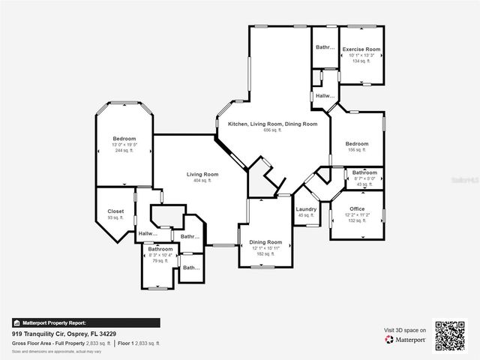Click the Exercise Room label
point(361,49)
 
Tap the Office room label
point(357,208)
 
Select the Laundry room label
point(306,209)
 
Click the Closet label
point(116,211)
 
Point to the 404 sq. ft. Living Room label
point(202,174)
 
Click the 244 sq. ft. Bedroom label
point(124,139)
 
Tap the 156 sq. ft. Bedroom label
point(357,143)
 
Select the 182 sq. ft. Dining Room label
point(265,242)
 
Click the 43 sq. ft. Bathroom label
point(364,172)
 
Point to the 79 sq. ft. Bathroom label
point(160,249)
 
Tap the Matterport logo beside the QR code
point(406,340)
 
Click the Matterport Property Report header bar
point(85,323)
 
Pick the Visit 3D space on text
point(405,330)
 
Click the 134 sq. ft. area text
point(361,61)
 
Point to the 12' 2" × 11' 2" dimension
point(357,214)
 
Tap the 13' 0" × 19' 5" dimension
point(124,145)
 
